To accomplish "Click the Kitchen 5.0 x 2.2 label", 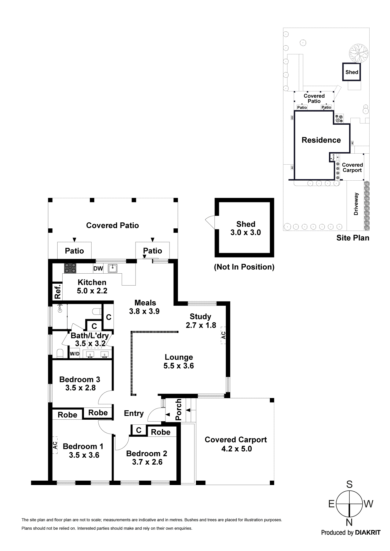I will coord(92,286).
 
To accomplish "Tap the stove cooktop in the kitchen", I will coord(70,268).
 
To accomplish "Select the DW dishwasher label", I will coord(98,269).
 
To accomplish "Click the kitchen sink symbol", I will coord(113,269).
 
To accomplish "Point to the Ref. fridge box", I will coord(57,292).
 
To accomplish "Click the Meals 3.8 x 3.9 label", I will coord(145,307).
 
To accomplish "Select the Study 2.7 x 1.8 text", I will coord(201,321).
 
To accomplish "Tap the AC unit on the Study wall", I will coord(223,335).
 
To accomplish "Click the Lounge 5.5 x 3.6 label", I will coord(179,361).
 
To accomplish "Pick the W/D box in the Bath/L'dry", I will coord(75,354).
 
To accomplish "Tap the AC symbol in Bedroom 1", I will coord(55,445).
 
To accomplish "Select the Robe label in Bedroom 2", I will coord(160,432).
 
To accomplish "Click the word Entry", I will coord(134,413).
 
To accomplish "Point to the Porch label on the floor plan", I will coord(178,410).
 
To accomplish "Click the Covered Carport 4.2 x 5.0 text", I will coord(236,444).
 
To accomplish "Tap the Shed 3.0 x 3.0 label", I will coord(246,228).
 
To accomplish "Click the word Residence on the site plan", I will coord(321,140).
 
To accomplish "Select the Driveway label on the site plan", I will coord(356,204).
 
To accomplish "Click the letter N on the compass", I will coord(349,522).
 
